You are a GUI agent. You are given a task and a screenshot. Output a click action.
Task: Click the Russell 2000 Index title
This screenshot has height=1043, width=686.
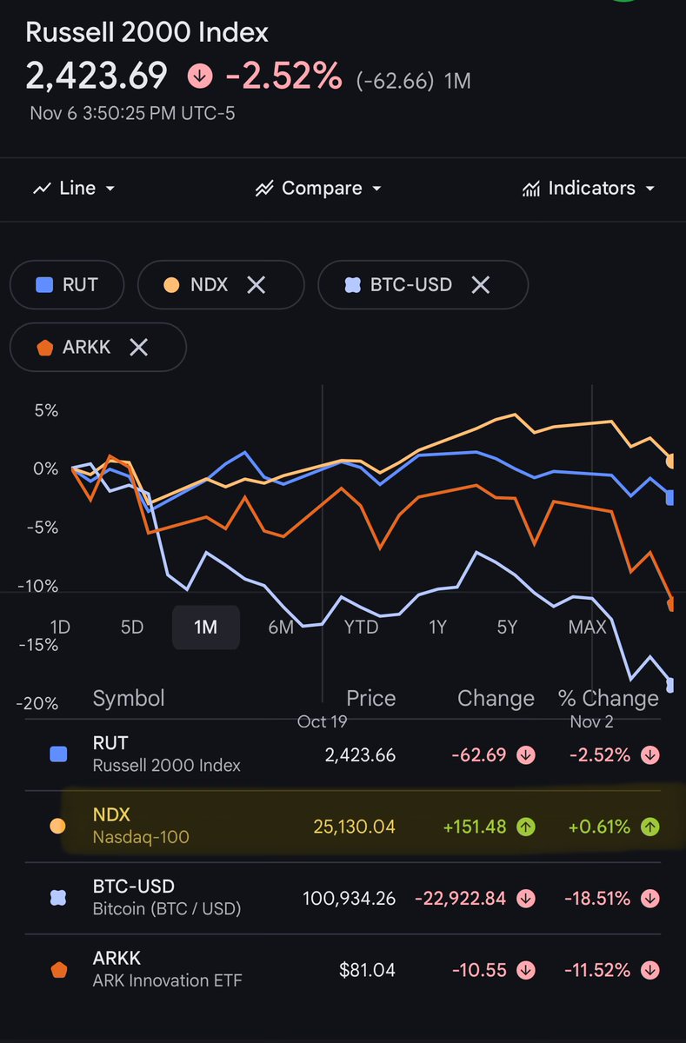coord(147,33)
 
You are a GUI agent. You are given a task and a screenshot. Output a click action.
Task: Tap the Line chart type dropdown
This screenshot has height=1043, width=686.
coord(74,189)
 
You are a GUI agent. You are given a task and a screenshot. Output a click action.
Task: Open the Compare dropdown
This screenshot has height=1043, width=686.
coord(318,189)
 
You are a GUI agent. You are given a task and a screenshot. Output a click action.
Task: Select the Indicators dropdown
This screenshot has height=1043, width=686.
coord(589,189)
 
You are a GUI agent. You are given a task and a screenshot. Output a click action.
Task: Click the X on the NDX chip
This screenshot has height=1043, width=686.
coord(256,284)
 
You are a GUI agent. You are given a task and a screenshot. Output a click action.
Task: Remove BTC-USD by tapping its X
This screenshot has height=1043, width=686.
coord(480,284)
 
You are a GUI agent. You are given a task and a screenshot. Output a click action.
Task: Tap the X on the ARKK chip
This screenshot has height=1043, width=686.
coord(138,348)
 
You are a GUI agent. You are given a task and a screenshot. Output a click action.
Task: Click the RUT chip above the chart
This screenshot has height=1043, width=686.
coord(67,284)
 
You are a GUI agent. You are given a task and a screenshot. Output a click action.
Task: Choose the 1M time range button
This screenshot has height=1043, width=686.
coord(205,627)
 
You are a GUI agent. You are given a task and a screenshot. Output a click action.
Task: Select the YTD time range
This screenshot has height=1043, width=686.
coord(361,627)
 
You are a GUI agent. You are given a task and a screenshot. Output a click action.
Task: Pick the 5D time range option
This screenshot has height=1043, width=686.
coord(131,627)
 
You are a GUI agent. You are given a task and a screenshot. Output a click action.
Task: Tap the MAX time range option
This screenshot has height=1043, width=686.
coord(587,627)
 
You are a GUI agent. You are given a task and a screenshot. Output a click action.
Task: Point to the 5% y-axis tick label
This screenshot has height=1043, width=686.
coord(46,410)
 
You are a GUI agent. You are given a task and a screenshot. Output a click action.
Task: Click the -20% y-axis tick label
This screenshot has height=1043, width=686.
coord(40,703)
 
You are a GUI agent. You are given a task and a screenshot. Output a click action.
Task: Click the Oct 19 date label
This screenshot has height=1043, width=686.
coord(323,721)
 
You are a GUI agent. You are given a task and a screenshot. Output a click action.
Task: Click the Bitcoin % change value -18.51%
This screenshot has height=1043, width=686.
coord(599,898)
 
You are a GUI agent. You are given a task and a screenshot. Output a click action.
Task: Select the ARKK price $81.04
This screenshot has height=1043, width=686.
coord(367,970)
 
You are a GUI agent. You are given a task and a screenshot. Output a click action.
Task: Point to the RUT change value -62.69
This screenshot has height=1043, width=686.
coord(478,754)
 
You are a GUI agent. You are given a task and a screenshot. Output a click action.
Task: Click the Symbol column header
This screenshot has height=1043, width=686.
coord(128,699)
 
